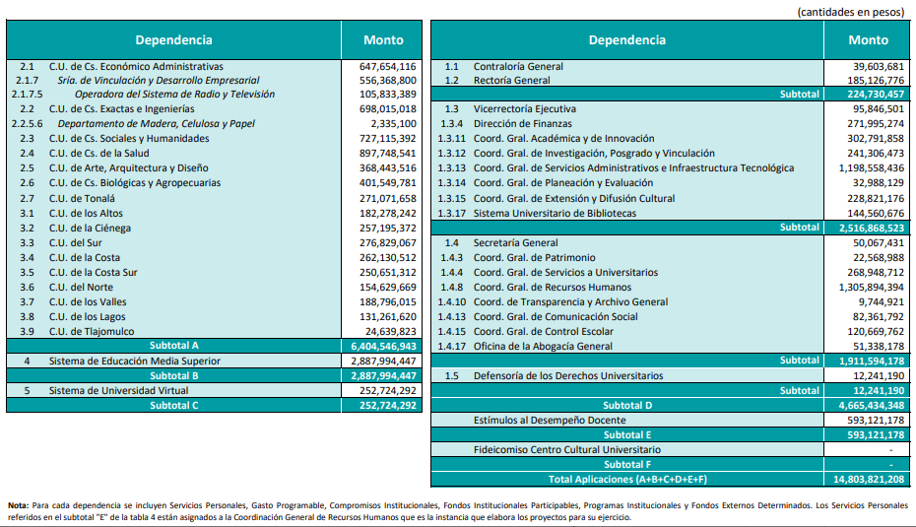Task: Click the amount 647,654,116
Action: (x=387, y=67)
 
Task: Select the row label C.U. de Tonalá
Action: (x=82, y=199)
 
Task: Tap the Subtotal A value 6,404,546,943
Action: (x=383, y=346)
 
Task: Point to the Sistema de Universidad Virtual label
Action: (x=118, y=390)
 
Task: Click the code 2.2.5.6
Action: (x=27, y=124)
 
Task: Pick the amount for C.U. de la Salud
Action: (x=387, y=153)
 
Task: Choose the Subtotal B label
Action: (x=174, y=375)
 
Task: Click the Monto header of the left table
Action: (x=383, y=39)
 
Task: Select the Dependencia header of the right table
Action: (x=626, y=39)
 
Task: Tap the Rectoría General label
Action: (x=512, y=81)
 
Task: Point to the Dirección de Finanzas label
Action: (x=523, y=124)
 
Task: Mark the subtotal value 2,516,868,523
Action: (x=872, y=228)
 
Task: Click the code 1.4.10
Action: (x=451, y=302)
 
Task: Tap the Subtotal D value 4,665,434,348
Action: (x=872, y=406)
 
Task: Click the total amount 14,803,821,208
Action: (x=869, y=479)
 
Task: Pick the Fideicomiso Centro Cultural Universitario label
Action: (x=567, y=450)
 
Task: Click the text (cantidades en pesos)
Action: (x=851, y=12)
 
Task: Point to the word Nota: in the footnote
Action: (x=18, y=505)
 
